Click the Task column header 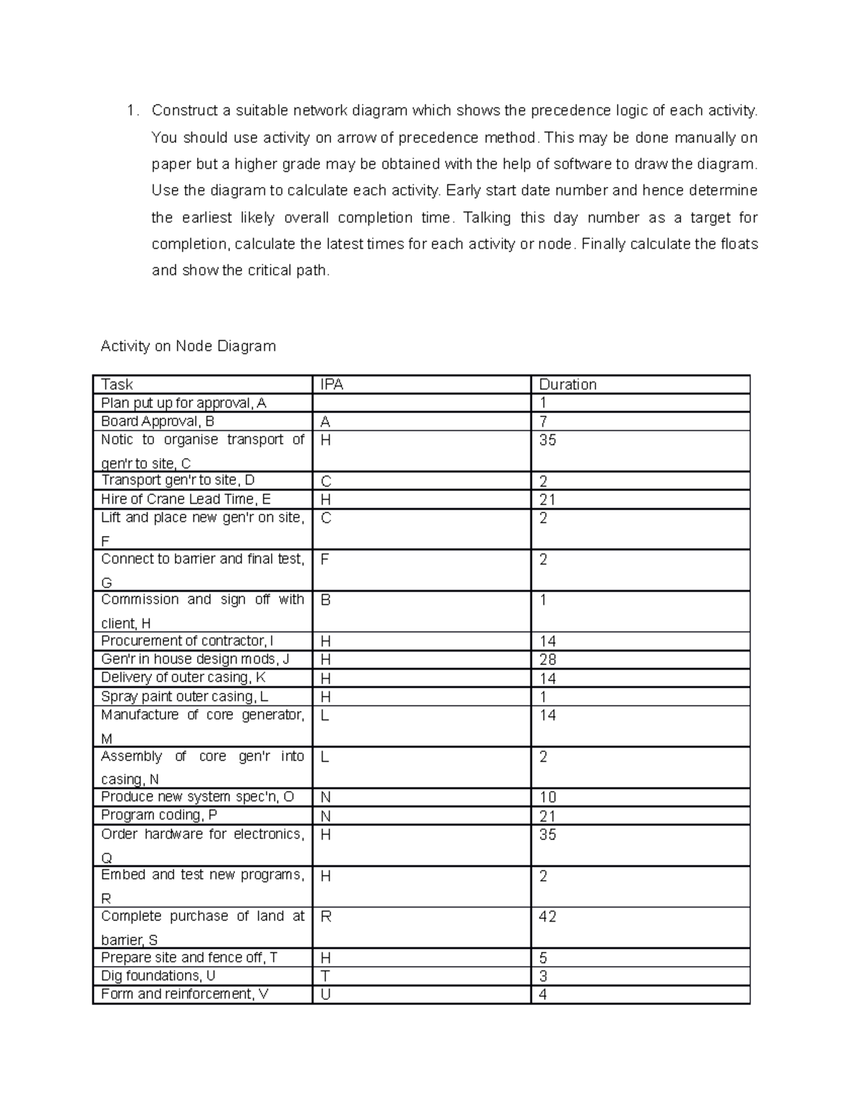coord(117,384)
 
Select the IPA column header coord(332,384)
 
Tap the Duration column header coord(568,384)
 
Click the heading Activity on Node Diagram coord(188,346)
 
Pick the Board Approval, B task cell coord(158,421)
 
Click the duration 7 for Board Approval coord(543,421)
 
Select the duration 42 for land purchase coord(548,917)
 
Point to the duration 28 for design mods coord(548,659)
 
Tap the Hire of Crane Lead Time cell coord(186,499)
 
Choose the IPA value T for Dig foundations coord(325,976)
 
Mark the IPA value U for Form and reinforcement coord(325,994)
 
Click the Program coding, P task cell coord(159,815)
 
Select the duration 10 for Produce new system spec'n coord(548,797)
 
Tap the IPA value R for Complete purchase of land coord(325,917)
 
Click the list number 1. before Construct coord(131,110)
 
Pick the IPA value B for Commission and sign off coord(325,600)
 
